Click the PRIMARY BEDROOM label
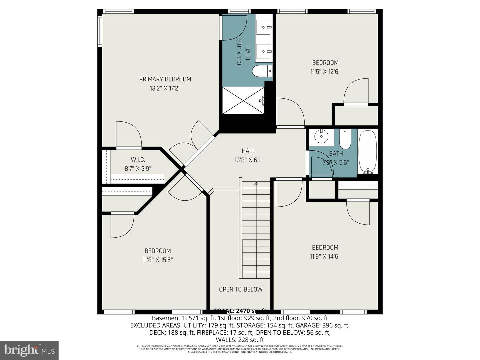(x=165, y=79)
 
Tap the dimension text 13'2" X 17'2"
(x=165, y=89)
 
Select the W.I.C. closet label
(x=138, y=160)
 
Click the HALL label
(x=248, y=151)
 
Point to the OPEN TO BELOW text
(x=240, y=289)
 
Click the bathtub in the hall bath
(x=368, y=151)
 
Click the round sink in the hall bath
(x=321, y=136)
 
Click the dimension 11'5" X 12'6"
(x=325, y=71)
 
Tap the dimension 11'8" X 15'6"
(x=158, y=260)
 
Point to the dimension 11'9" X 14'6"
(x=325, y=257)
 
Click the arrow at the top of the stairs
(x=256, y=183)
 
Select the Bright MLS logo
(x=29, y=350)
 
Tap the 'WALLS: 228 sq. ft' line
(x=240, y=340)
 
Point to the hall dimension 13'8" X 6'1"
(x=248, y=160)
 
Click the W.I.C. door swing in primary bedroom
(x=128, y=134)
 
